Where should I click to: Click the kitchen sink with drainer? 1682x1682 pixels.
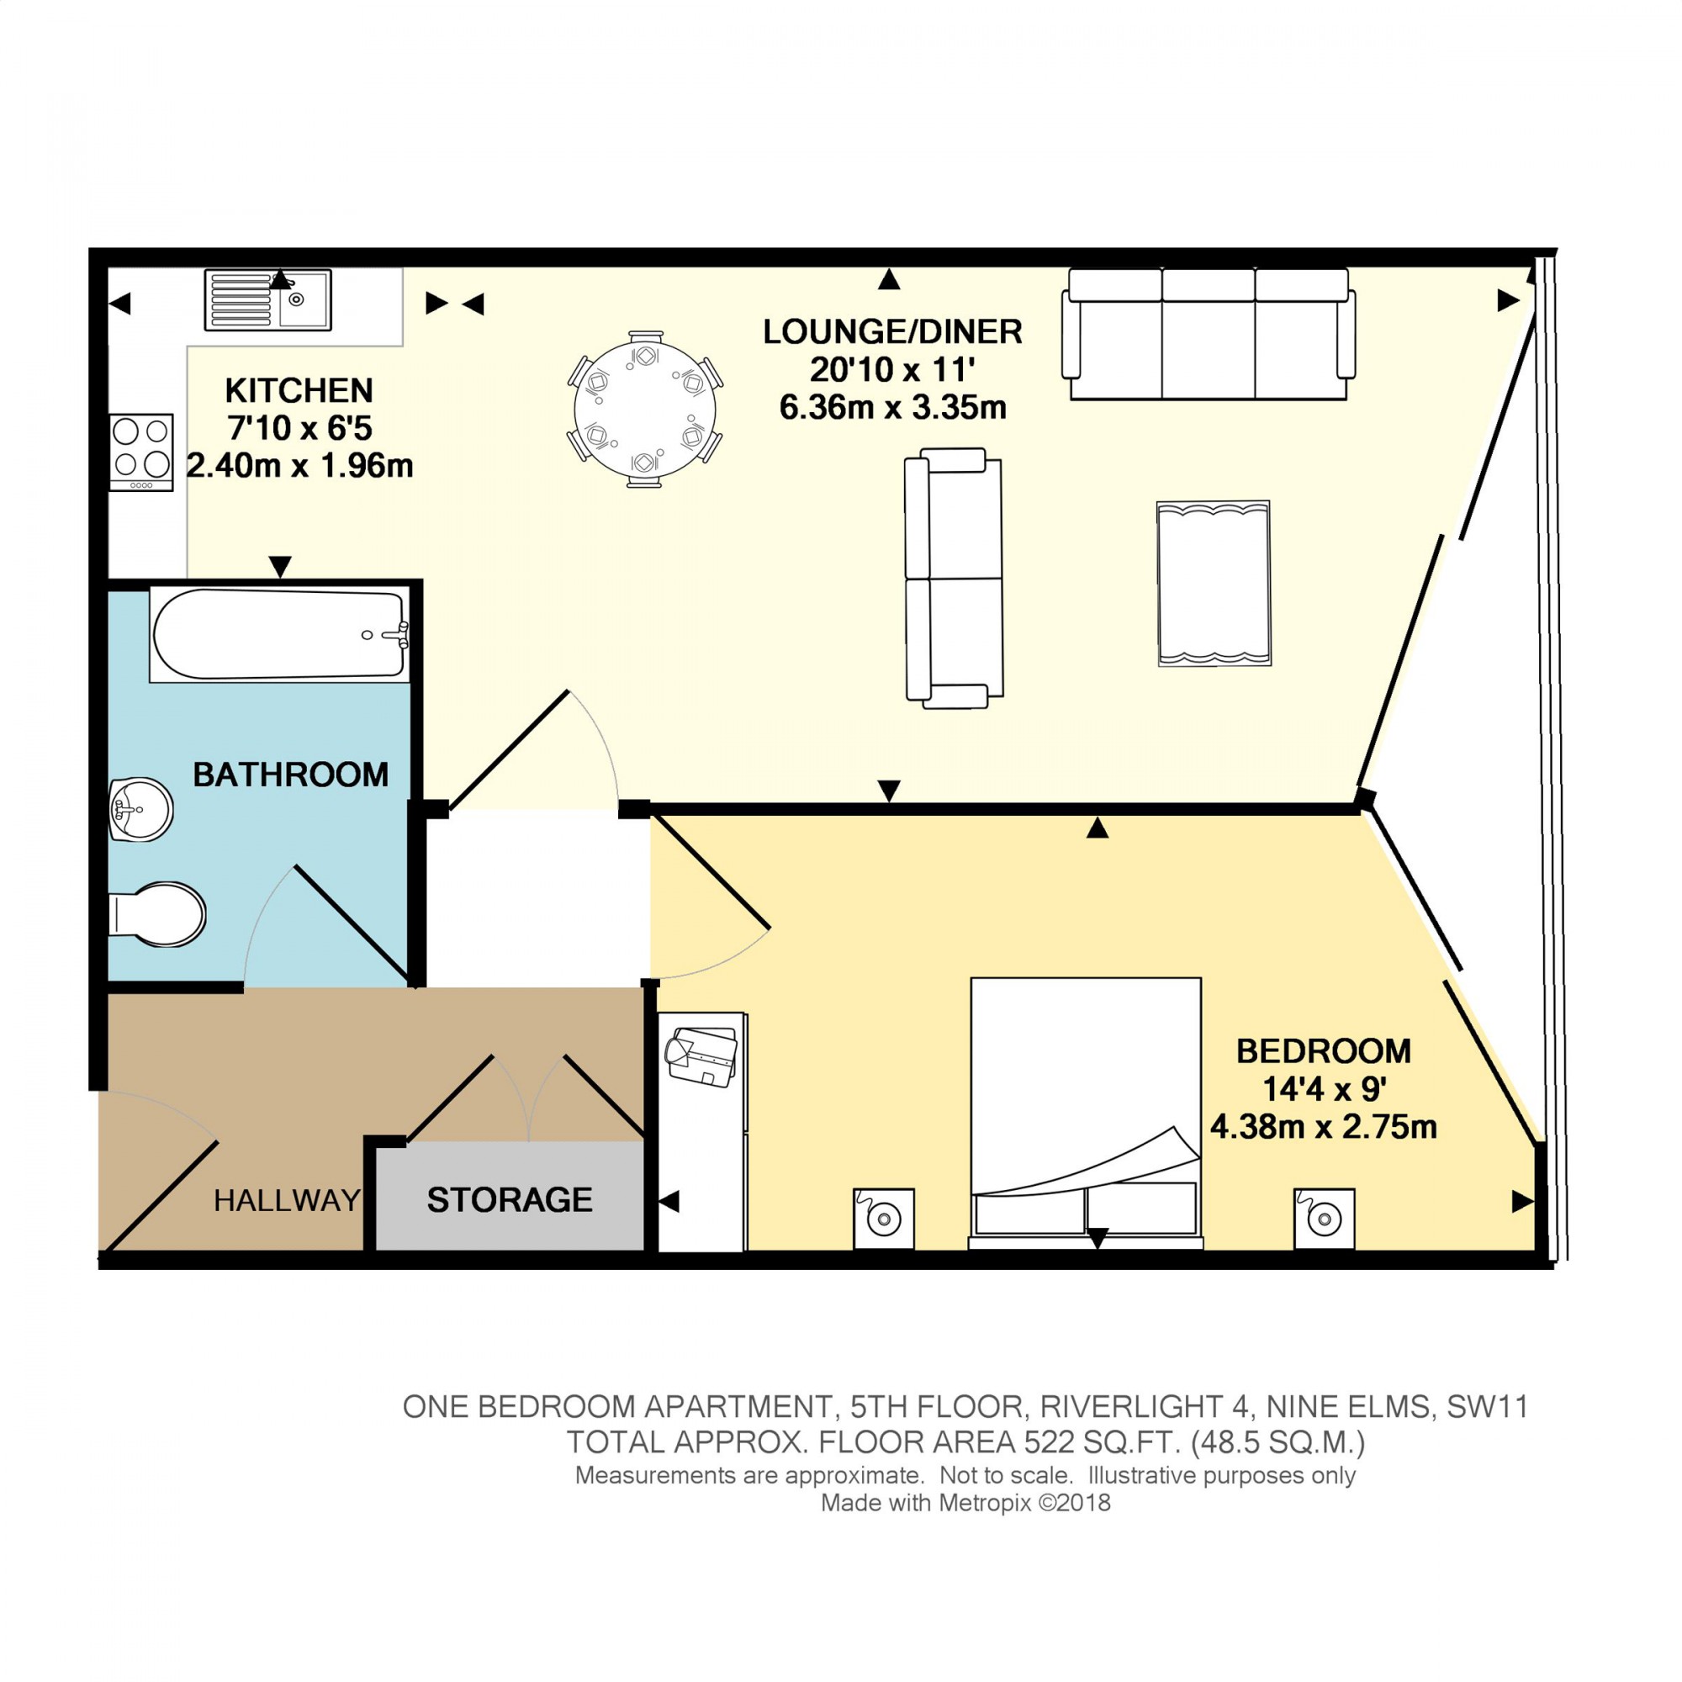click(267, 299)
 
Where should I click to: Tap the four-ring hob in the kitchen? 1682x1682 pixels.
click(141, 451)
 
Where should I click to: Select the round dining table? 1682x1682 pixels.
click(644, 409)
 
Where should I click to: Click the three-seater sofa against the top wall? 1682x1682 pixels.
click(1208, 335)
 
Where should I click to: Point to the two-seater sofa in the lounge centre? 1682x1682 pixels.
click(954, 578)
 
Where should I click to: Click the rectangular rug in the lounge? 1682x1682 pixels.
click(1214, 584)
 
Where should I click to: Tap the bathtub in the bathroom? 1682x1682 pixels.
click(278, 635)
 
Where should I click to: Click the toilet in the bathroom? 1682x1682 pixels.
click(158, 915)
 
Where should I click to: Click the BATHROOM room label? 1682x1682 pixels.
click(290, 775)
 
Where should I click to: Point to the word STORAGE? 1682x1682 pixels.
click(510, 1200)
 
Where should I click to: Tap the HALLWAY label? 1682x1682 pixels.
click(287, 1201)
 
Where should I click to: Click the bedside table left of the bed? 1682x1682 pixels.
click(884, 1218)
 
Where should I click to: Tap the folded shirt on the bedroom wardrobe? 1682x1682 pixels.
click(701, 1057)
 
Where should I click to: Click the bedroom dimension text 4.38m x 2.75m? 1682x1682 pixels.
click(1322, 1128)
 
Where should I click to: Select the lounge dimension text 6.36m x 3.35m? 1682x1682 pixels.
click(892, 407)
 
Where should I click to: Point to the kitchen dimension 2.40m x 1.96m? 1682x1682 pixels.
click(299, 466)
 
